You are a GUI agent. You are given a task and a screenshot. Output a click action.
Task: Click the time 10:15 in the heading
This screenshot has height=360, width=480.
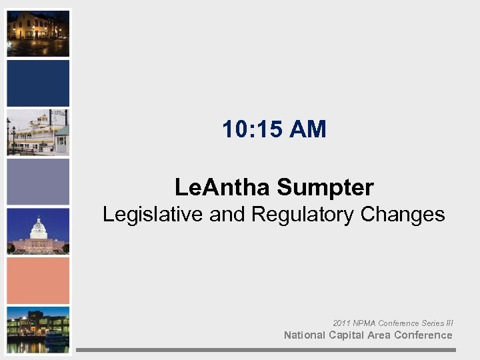pos(253,129)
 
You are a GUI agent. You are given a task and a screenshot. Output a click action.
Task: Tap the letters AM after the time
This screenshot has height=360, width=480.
pos(308,129)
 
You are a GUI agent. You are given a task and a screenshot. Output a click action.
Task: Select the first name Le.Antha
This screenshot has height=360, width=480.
pos(223,187)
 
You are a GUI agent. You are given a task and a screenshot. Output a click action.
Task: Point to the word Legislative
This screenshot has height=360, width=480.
pos(153,215)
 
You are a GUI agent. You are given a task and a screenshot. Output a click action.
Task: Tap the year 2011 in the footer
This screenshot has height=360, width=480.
pos(341,323)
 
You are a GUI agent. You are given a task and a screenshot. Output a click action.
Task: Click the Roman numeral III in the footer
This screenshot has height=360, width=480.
pos(449,323)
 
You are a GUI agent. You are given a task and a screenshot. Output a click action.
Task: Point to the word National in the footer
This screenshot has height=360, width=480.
pos(305,335)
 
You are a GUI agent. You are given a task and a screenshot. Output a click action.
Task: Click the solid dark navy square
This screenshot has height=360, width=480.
pos(38,83)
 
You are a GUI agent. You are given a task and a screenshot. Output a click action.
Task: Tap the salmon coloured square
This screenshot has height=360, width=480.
pos(38,280)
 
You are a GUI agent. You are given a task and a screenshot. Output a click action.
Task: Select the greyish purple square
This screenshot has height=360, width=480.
pos(38,181)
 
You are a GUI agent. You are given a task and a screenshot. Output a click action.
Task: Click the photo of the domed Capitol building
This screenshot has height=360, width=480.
pos(38,231)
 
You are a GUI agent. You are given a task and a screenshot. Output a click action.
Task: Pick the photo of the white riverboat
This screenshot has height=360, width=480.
pos(38,132)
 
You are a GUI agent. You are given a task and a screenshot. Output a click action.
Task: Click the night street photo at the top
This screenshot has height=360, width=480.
pos(38,33)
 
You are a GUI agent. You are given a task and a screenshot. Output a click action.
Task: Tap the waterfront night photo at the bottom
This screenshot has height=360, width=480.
pos(38,329)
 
